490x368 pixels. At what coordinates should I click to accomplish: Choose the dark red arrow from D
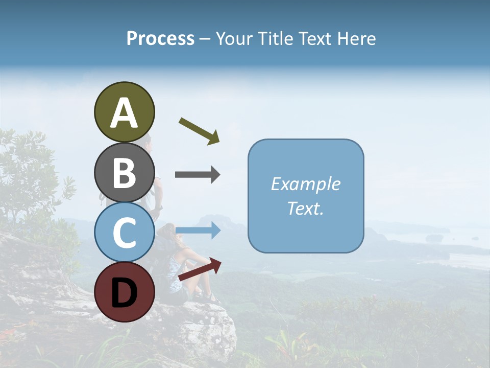click(200, 269)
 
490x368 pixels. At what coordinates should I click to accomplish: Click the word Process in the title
click(160, 39)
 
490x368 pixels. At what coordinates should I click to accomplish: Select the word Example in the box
click(305, 184)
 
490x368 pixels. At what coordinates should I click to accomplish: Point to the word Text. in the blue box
click(305, 208)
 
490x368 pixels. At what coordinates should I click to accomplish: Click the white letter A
click(124, 113)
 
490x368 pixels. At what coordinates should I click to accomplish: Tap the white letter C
click(124, 233)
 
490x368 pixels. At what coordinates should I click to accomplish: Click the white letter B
click(124, 173)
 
